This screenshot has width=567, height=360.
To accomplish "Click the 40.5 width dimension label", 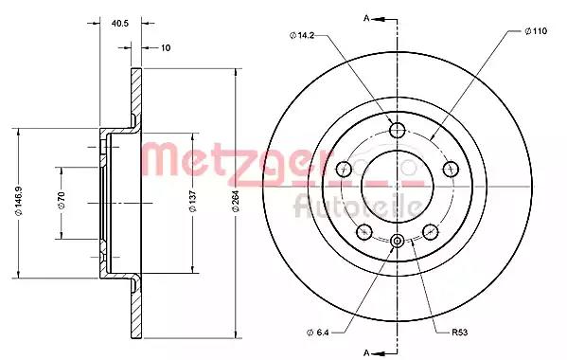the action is point(120,24).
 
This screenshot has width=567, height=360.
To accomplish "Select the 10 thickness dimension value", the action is point(166,47).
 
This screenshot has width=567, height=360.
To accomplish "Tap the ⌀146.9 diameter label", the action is point(19,201).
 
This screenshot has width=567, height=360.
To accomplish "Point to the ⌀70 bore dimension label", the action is point(62,201).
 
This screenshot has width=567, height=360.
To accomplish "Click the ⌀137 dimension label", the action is point(193,201).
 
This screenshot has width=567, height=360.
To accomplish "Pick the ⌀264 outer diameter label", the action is point(236,201).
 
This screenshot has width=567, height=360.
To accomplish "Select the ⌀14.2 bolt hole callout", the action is point(302,35).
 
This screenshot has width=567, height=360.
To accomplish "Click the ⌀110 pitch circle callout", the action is point(537,31).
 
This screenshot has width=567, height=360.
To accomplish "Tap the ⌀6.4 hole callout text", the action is point(318,333).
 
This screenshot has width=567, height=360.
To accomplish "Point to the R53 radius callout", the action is point(460,333).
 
